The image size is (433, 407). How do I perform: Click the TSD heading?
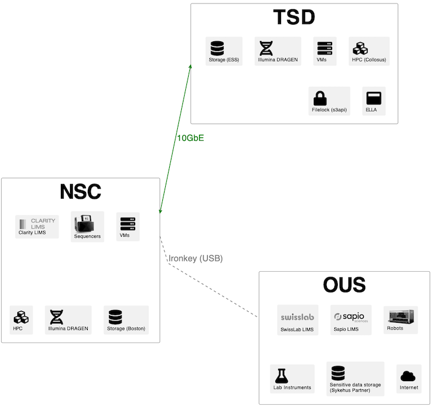coord(294,17)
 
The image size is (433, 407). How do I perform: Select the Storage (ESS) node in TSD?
coord(224,51)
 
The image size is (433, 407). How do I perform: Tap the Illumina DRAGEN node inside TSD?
coord(278,51)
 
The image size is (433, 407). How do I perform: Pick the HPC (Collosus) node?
coord(369,51)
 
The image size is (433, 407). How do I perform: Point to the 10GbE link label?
coord(190,138)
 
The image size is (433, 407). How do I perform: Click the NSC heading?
coord(80,191)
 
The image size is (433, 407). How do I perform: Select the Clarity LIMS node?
coord(37,226)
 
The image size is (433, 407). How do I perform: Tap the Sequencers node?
coord(87,226)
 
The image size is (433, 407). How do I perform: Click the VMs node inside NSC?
coord(128,226)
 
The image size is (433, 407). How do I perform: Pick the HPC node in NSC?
coord(21,320)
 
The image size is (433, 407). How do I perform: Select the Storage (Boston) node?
coord(126,320)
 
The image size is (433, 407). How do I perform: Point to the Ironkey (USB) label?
coord(196,259)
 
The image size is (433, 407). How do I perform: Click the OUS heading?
coord(344,285)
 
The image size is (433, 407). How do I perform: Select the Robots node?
coord(400,319)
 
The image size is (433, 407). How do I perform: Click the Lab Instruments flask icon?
coord(281,375)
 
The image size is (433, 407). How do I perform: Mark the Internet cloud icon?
coord(408,376)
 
